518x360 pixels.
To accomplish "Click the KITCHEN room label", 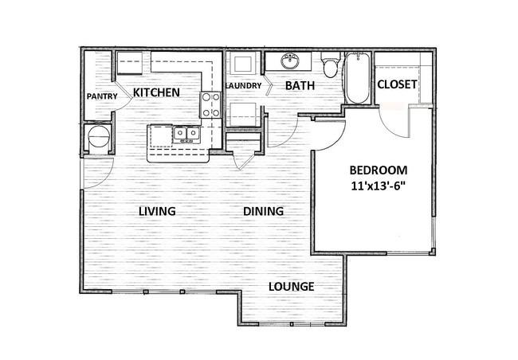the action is [156, 92].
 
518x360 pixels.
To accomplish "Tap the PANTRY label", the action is [102, 96].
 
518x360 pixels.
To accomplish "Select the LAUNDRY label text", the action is [244, 86].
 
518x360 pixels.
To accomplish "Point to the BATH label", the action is [300, 85].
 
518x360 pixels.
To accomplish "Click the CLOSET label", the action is [397, 84].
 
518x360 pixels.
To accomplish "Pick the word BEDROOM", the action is [379, 170].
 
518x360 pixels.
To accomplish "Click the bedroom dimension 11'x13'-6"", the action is [379, 186].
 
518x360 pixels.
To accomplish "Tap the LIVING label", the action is [157, 211].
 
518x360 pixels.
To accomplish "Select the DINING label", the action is [263, 211].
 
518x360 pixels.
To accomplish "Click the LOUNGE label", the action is [292, 287].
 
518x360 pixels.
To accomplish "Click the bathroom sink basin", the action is [290, 61].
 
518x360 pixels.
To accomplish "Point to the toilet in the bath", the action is [331, 65].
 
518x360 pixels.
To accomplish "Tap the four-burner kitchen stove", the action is [210, 105].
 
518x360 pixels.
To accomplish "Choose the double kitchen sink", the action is [186, 134].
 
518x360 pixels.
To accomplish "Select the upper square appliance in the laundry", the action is [244, 64].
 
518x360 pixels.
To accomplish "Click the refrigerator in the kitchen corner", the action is [130, 63].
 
